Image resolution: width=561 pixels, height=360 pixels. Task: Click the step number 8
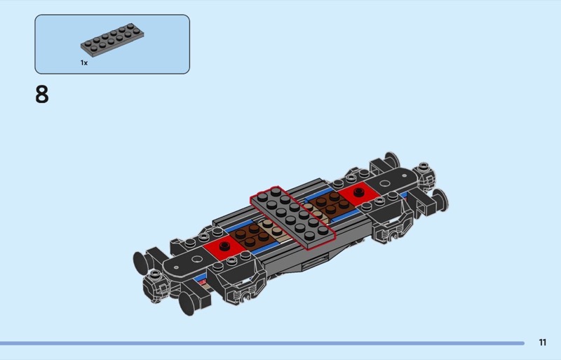coord(42,95)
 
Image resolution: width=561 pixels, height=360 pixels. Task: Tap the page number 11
coord(542,342)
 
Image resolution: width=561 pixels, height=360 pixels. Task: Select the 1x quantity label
coord(84,62)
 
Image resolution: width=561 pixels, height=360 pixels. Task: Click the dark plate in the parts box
coord(112,41)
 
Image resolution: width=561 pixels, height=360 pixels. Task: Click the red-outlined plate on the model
coord(293,218)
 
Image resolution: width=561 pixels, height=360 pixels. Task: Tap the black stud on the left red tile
coord(224,246)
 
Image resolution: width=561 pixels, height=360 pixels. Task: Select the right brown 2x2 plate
coord(330,203)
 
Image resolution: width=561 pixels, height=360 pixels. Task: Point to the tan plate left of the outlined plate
coord(273,231)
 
